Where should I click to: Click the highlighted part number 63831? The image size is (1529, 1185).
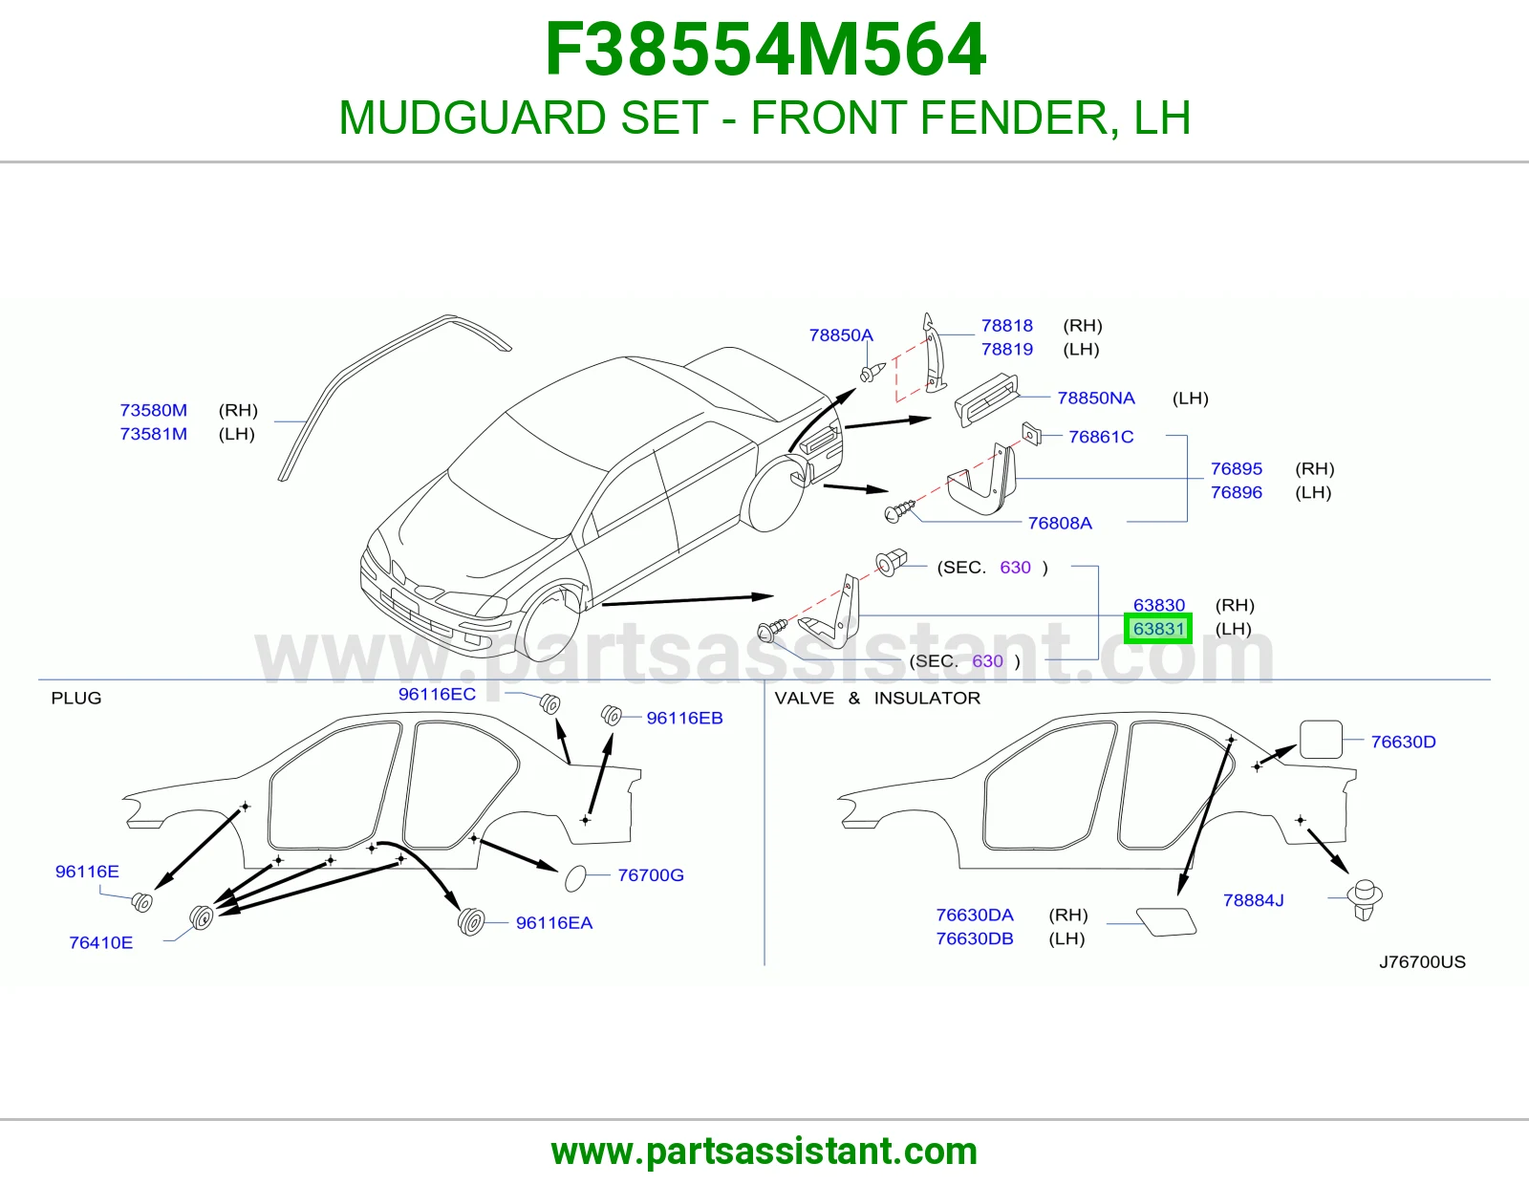pyautogui.click(x=1158, y=629)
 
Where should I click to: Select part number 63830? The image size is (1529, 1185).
pyautogui.click(x=1159, y=605)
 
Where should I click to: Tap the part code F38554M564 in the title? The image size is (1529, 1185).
pyautogui.click(x=765, y=50)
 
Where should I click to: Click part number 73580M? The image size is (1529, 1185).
pyautogui.click(x=154, y=410)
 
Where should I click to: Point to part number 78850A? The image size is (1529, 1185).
pyautogui.click(x=841, y=334)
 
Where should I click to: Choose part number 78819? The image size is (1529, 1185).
pyautogui.click(x=1007, y=349)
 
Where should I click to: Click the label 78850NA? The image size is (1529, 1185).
pyautogui.click(x=1096, y=399)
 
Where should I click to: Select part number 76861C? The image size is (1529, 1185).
pyautogui.click(x=1101, y=437)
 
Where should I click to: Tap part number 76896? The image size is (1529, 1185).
pyautogui.click(x=1237, y=492)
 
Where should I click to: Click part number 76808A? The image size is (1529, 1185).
pyautogui.click(x=1060, y=523)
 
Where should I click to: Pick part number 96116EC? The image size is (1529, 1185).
pyautogui.click(x=437, y=694)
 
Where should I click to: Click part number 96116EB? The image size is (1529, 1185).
pyautogui.click(x=684, y=718)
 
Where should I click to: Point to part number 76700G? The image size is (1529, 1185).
pyautogui.click(x=651, y=874)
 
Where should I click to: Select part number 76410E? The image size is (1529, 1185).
pyautogui.click(x=100, y=943)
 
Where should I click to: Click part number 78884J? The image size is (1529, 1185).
pyautogui.click(x=1253, y=900)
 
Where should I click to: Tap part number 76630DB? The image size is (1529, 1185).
pyautogui.click(x=975, y=938)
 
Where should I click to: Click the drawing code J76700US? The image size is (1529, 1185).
pyautogui.click(x=1422, y=962)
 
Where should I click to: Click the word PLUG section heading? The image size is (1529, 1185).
pyautogui.click(x=76, y=698)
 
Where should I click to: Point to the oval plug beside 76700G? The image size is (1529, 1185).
pyautogui.click(x=575, y=878)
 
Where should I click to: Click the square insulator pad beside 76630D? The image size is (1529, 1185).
pyautogui.click(x=1321, y=739)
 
